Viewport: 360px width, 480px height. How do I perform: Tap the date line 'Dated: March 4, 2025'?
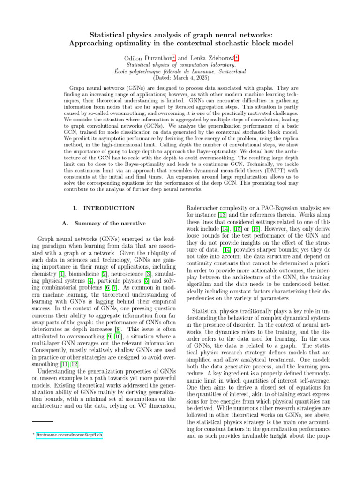180,78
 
